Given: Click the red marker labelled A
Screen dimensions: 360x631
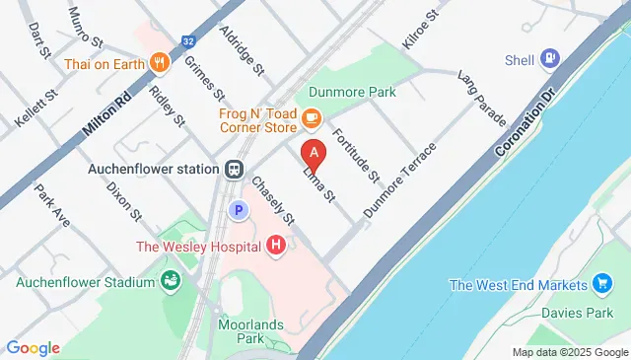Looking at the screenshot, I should tap(314, 154).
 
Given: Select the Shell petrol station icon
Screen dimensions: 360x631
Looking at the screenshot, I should tap(548, 59).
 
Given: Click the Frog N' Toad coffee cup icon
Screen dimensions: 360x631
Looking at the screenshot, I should tap(312, 119).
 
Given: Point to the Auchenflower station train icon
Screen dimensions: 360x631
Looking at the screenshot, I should tap(234, 169).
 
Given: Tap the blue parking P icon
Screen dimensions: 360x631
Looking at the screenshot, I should tap(237, 209).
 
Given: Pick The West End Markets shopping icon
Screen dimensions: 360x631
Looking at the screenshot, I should tap(603, 285).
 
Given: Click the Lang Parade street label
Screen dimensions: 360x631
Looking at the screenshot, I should tap(482, 98).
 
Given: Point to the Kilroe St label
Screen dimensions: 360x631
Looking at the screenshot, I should tap(418, 32).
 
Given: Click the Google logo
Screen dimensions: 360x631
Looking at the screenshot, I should tap(33, 347).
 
